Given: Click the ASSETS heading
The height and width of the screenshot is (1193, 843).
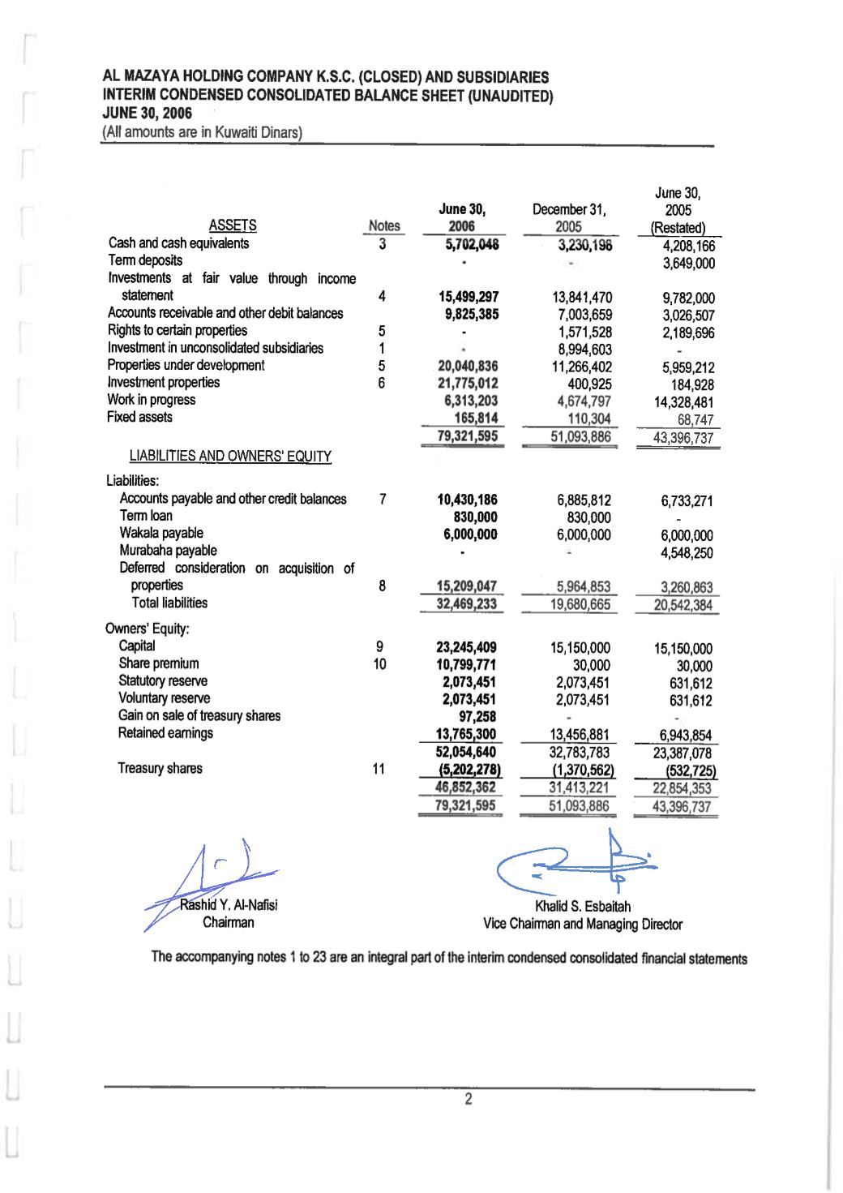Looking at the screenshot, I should [233, 225].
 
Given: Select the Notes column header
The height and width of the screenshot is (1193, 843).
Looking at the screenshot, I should [384, 226].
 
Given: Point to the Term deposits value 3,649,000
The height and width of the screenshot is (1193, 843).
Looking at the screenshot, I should [688, 264].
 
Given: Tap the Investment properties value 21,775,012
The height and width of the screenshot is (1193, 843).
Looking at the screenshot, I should [468, 384].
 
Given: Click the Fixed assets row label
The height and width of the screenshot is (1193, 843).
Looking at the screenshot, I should [139, 418].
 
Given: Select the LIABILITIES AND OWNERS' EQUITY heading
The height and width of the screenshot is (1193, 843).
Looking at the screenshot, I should [230, 457].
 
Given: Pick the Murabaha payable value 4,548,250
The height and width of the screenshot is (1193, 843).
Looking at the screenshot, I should [687, 553].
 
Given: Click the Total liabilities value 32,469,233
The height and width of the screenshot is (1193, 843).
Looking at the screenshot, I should [466, 604].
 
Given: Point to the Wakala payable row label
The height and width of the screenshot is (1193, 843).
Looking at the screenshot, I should [161, 534].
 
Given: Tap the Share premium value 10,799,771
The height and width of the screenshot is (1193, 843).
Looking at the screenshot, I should [466, 665].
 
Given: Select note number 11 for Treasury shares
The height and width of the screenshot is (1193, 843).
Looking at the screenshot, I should [379, 769].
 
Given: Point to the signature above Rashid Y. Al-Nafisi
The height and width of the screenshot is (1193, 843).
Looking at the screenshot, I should [215, 876].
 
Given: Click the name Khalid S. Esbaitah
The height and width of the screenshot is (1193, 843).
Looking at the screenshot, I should [582, 907].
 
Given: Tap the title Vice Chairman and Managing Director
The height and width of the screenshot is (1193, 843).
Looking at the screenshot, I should [582, 925].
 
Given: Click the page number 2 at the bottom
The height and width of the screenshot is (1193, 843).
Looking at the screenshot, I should [468, 1100].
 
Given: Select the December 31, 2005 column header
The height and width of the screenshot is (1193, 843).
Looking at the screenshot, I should [569, 218].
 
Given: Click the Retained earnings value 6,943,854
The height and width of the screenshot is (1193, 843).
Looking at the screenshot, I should [685, 736].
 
